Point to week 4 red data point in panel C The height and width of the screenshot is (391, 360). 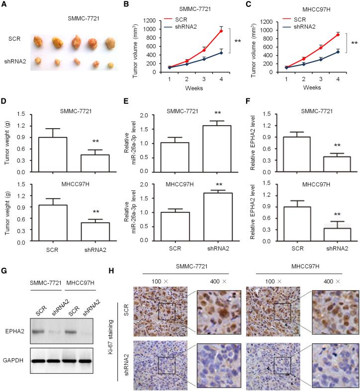pos(338,34)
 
